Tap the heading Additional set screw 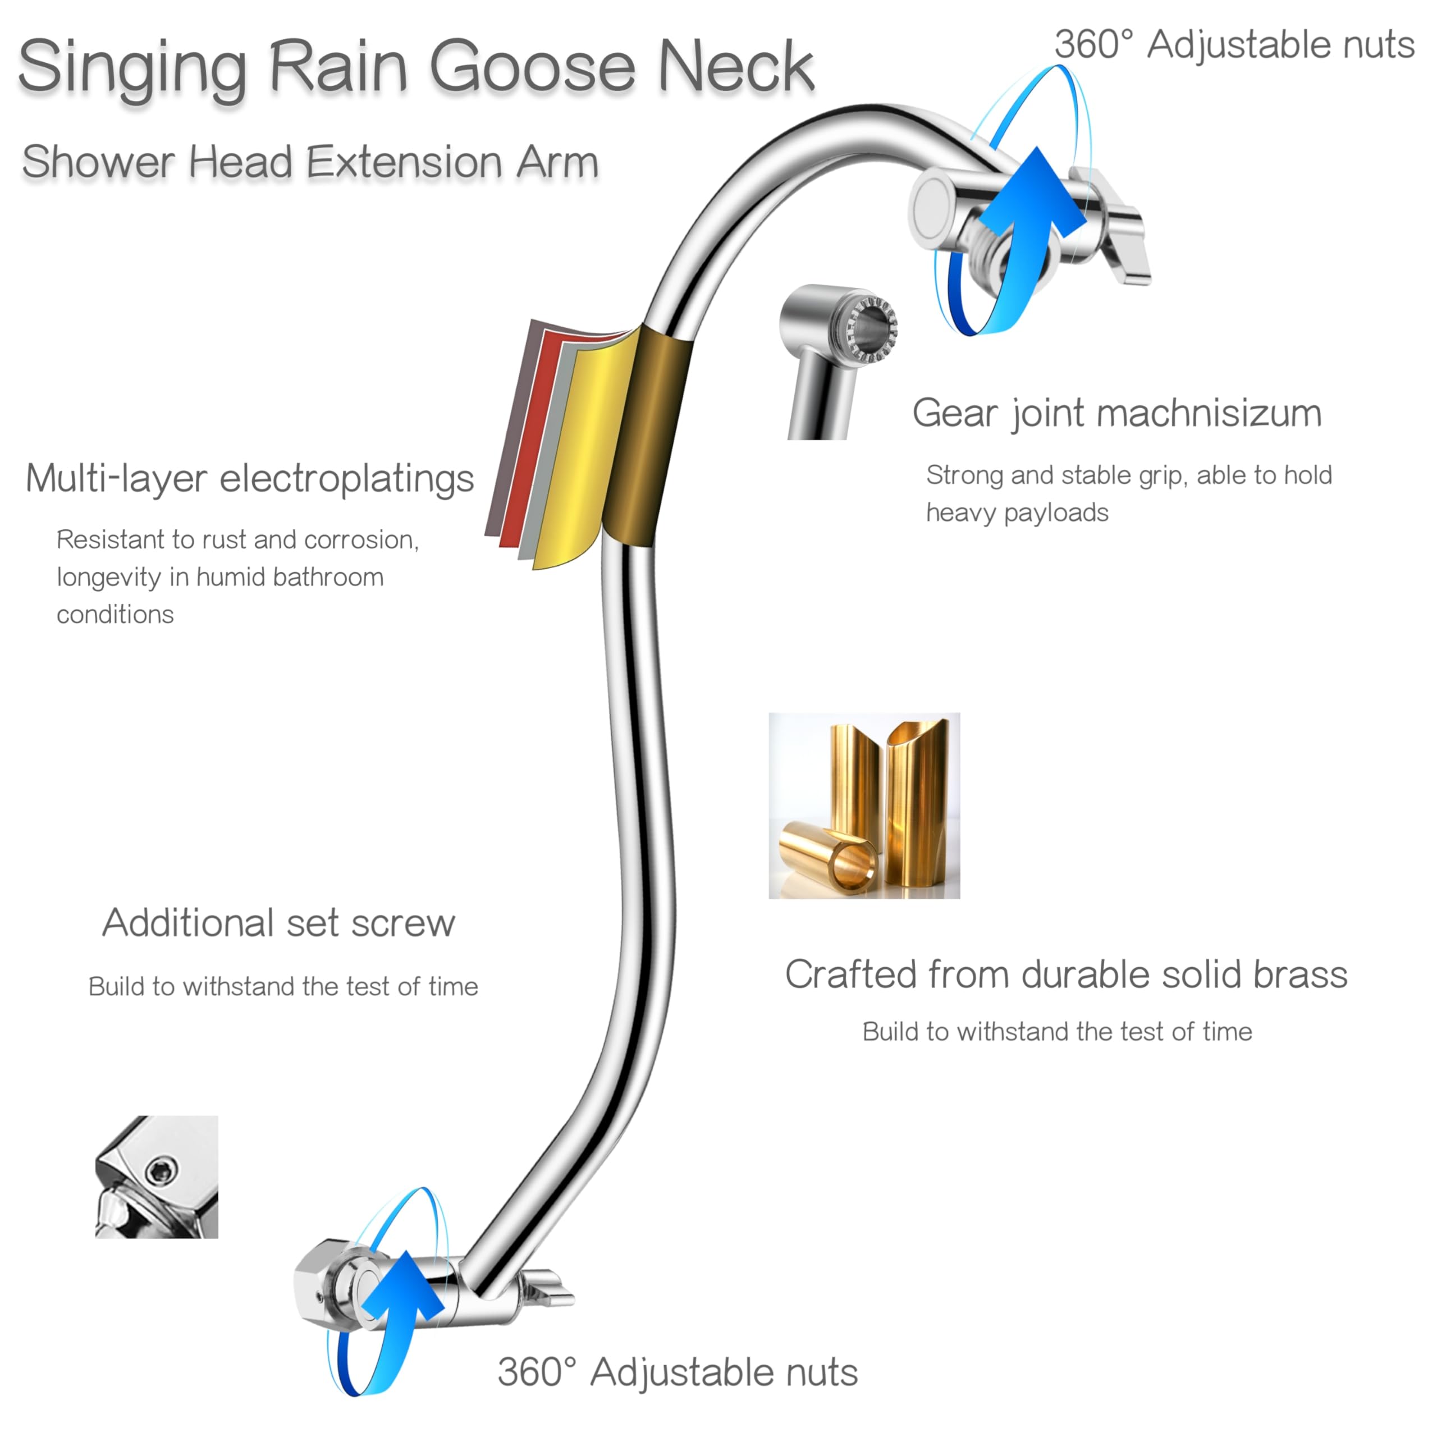tap(278, 923)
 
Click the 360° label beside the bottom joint tap(537, 1372)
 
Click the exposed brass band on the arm tap(646, 435)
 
